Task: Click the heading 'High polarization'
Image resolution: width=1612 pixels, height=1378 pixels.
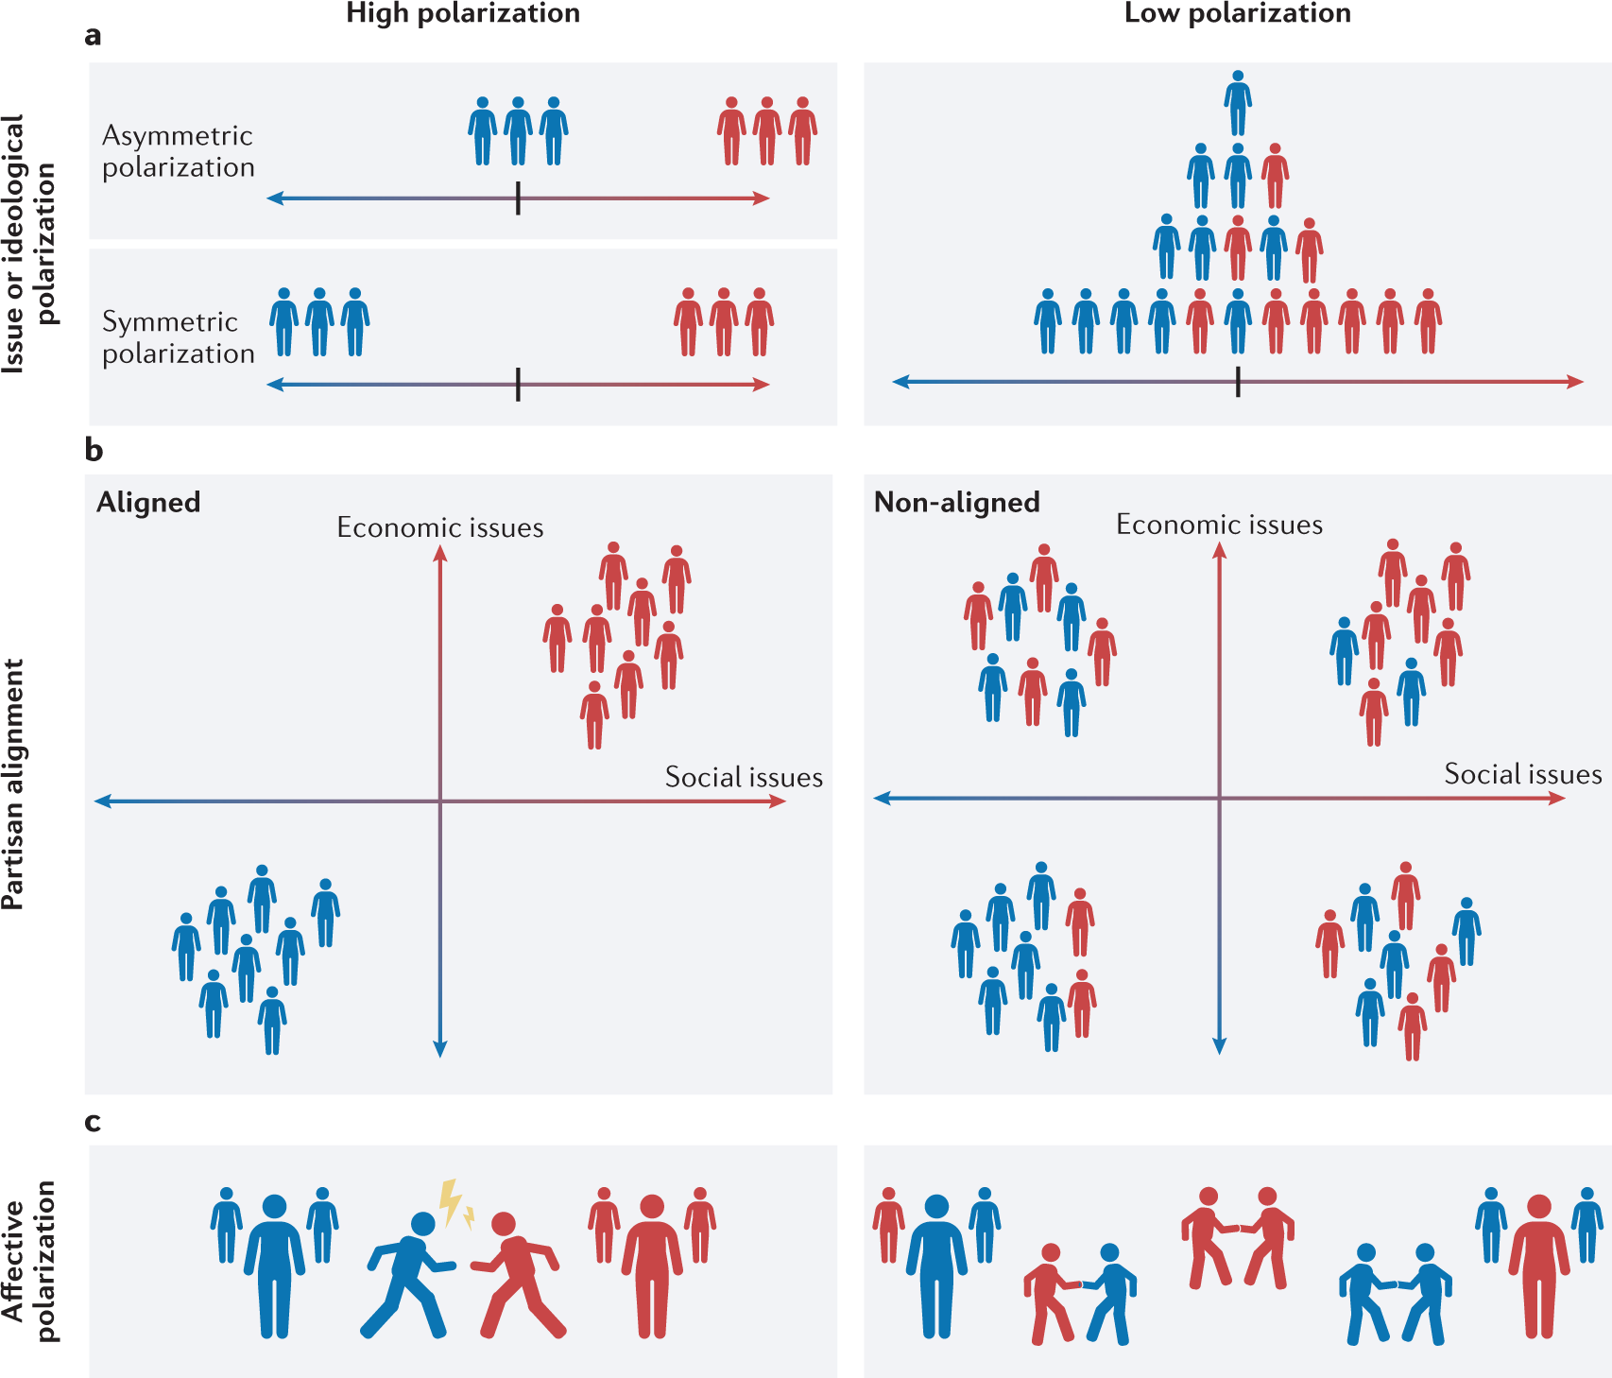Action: (x=463, y=13)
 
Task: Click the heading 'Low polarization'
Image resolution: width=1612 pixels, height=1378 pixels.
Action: (x=1237, y=13)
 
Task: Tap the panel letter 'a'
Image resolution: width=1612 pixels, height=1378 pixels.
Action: (x=93, y=36)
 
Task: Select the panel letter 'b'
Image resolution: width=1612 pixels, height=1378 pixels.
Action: (x=94, y=450)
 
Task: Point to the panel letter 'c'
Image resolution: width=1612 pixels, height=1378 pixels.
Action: (x=93, y=1122)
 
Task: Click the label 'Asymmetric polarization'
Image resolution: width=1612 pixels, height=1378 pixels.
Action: (x=178, y=151)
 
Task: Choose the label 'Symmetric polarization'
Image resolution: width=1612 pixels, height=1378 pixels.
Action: (x=178, y=337)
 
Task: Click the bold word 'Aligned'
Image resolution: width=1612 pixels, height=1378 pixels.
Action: (x=148, y=502)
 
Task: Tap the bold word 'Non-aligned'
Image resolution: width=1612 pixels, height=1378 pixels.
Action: (x=956, y=502)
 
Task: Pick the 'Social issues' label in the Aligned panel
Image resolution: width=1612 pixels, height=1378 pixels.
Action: (x=744, y=778)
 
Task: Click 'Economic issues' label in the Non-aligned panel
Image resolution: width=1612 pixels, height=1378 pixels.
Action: (x=1219, y=525)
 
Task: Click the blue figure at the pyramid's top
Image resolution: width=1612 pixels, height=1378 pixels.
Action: (x=1238, y=102)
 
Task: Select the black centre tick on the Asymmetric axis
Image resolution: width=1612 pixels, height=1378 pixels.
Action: (x=518, y=198)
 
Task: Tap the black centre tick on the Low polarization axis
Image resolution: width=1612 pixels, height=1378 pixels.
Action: (x=1238, y=382)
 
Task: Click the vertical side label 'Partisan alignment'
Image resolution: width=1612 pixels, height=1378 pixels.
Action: (x=13, y=784)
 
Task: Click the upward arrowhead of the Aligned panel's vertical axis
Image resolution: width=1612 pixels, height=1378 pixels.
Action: (x=439, y=553)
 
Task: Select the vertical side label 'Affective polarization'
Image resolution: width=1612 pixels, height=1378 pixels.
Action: (x=28, y=1262)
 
